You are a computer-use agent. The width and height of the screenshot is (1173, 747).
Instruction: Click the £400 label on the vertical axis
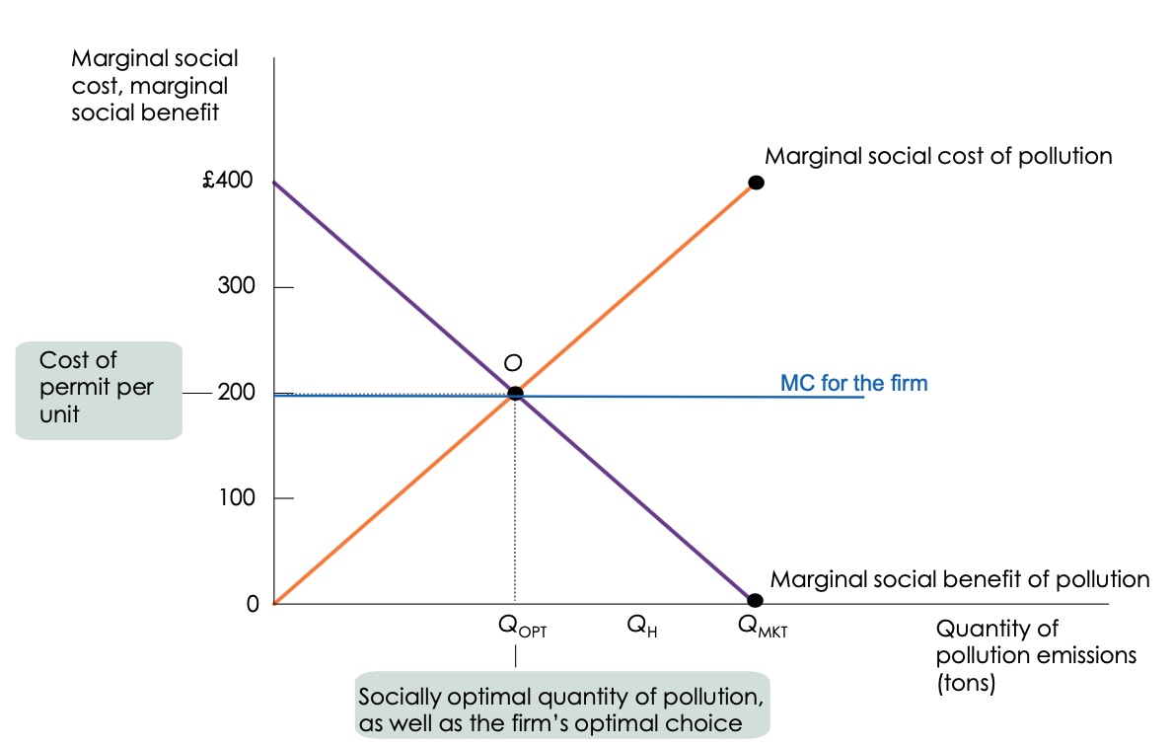[x=227, y=182]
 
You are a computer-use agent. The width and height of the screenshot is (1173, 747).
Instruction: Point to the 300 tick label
[x=235, y=287]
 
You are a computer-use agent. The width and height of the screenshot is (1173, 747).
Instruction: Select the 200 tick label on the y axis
[x=235, y=393]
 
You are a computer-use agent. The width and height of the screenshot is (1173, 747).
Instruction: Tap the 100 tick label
[x=235, y=498]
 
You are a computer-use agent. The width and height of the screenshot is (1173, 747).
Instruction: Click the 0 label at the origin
[x=253, y=604]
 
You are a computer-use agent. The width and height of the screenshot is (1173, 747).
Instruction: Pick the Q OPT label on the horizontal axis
[x=522, y=627]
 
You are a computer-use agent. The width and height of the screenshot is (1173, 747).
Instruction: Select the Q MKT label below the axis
[x=763, y=627]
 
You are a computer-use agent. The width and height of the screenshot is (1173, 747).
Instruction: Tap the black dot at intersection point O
[x=515, y=394]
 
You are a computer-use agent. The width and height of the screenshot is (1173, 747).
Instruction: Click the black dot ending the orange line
[x=756, y=182]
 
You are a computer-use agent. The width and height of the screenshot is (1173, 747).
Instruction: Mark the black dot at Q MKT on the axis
[x=755, y=600]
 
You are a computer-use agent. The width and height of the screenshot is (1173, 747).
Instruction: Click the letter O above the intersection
[x=512, y=363]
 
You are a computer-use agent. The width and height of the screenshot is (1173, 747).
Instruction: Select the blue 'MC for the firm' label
[x=853, y=383]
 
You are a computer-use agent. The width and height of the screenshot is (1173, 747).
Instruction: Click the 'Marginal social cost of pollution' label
[x=938, y=156]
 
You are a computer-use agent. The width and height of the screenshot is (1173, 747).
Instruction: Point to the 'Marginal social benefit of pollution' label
[x=959, y=579]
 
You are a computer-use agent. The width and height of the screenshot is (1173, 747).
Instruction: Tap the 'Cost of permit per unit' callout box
[x=99, y=389]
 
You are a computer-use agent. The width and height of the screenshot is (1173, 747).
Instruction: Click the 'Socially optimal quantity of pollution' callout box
[x=560, y=709]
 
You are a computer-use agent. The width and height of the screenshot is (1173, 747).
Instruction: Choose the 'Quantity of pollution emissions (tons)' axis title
[x=1036, y=655]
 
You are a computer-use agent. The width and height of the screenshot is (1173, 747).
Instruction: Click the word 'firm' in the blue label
[x=907, y=383]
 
